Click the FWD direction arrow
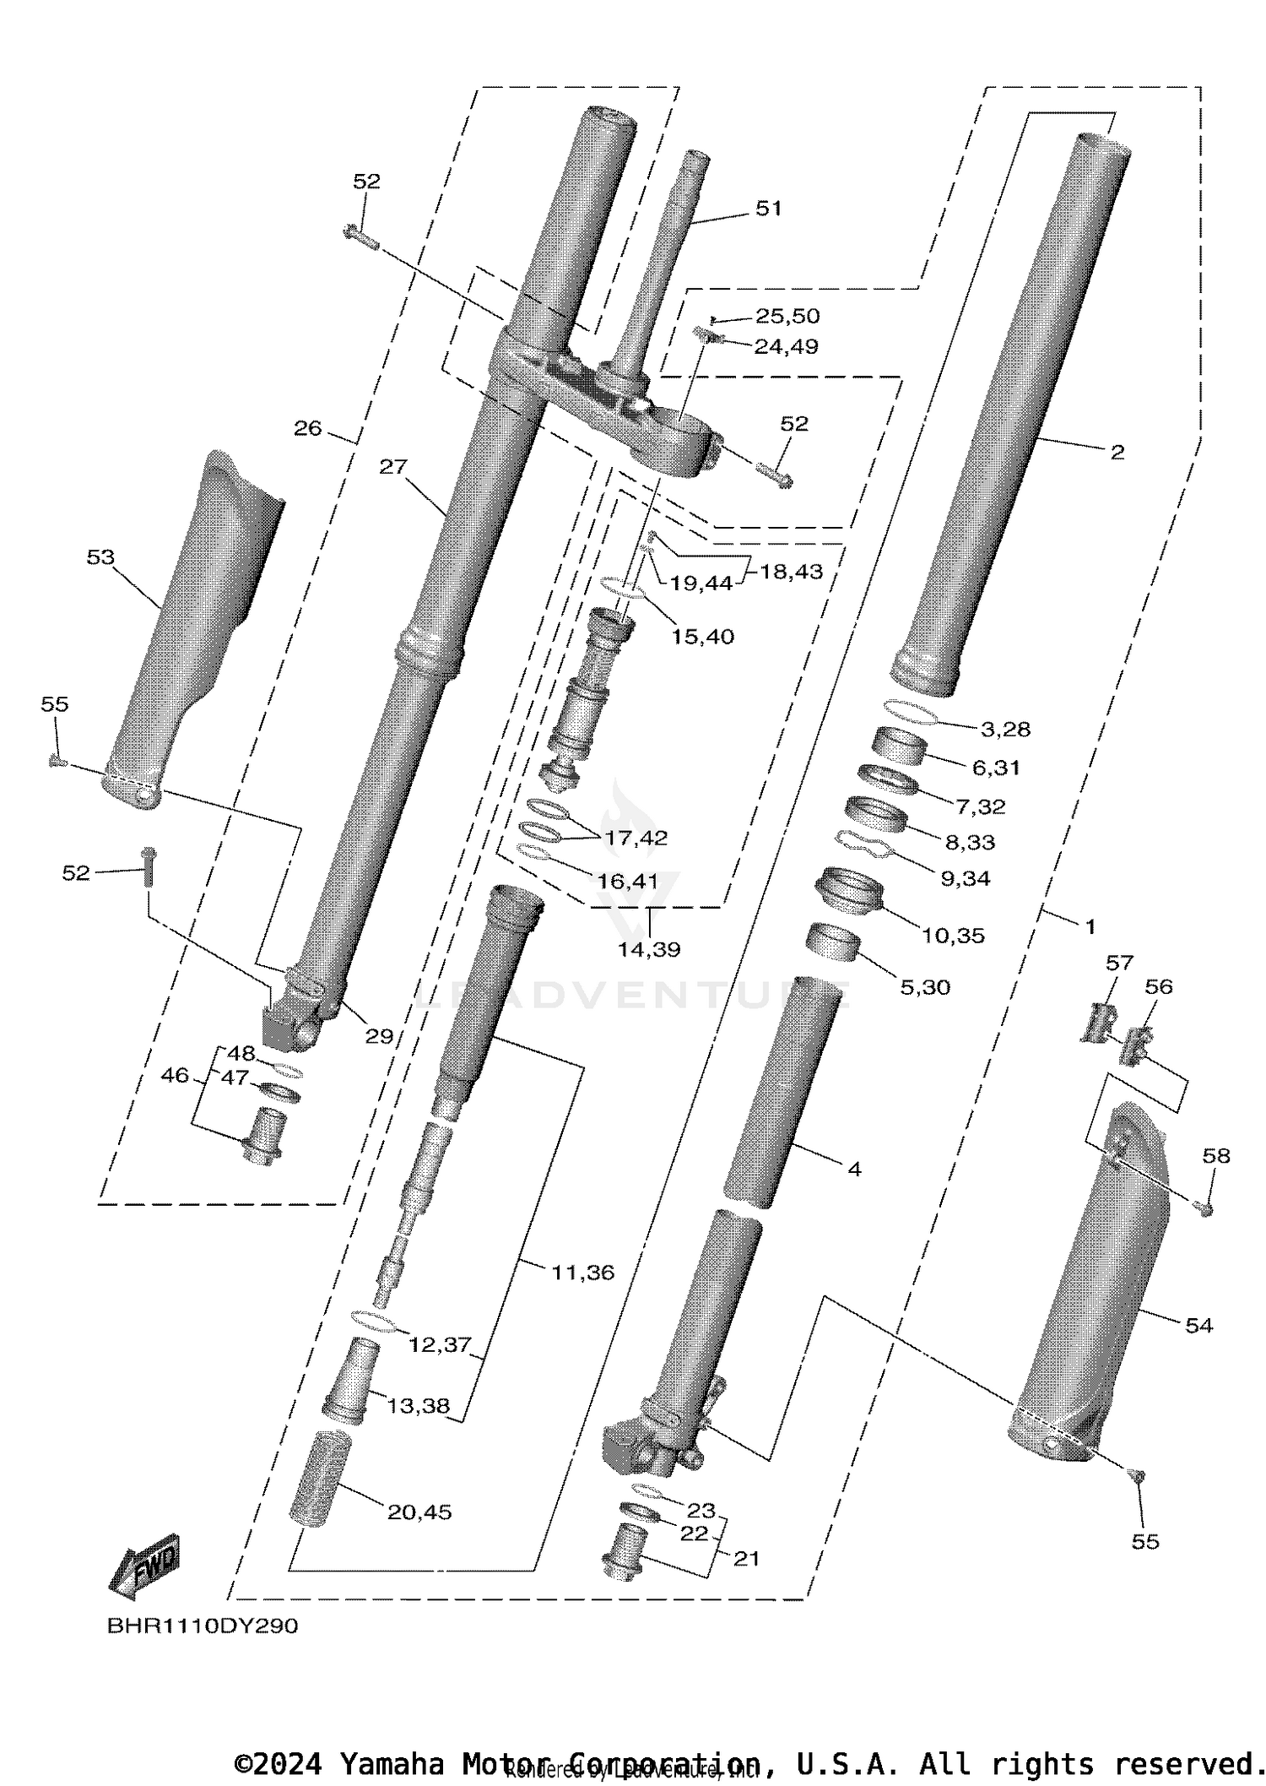click(x=145, y=1565)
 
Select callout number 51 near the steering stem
click(x=768, y=208)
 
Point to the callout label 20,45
click(x=419, y=1512)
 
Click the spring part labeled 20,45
click(x=320, y=1478)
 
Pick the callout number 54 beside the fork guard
click(x=1198, y=1326)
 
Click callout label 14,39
click(x=648, y=949)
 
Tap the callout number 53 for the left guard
click(x=100, y=557)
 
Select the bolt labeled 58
click(x=1206, y=1210)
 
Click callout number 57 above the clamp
click(x=1120, y=963)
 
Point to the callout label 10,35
click(x=953, y=936)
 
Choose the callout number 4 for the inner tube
click(x=854, y=1169)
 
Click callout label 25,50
click(x=787, y=316)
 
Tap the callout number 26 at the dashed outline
click(x=308, y=428)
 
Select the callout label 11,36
click(x=582, y=1272)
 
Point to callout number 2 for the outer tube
click(x=1117, y=453)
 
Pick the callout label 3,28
click(x=1005, y=729)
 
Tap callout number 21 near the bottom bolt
click(x=746, y=1559)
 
